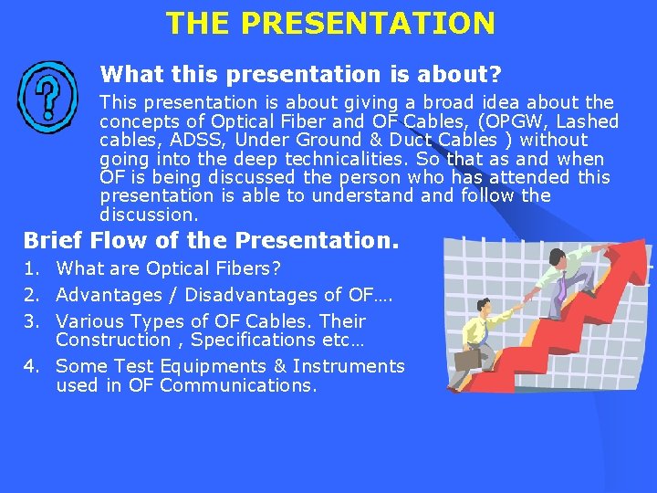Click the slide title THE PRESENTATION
(x=330, y=23)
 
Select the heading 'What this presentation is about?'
(x=301, y=73)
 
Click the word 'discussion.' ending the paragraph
(x=149, y=215)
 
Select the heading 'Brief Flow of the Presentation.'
(x=211, y=240)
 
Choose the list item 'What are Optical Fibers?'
(x=168, y=269)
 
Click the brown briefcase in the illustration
(x=466, y=360)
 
